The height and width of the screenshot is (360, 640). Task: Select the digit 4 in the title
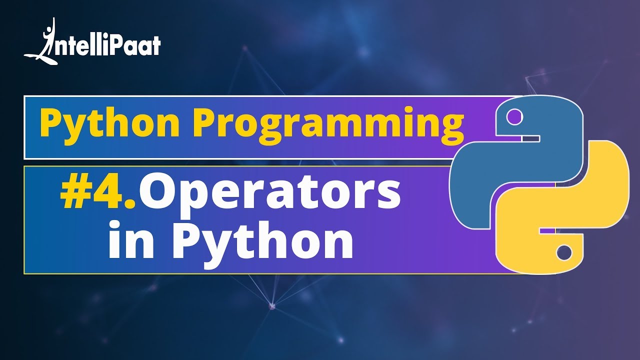(111, 192)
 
